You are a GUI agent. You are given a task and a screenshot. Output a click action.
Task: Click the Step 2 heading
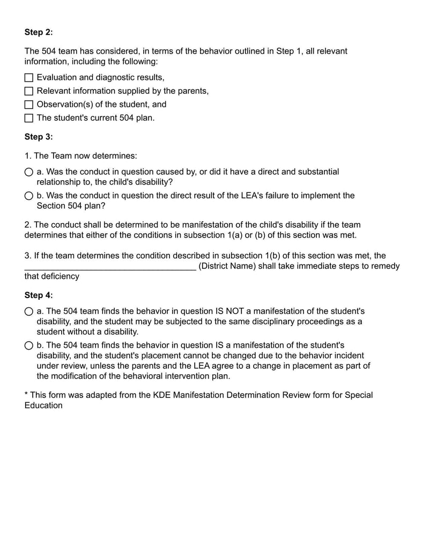[x=39, y=32]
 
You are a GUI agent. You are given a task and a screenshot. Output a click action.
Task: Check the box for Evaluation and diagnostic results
[x=29, y=78]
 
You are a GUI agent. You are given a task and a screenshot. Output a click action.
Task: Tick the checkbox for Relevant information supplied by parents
[x=29, y=91]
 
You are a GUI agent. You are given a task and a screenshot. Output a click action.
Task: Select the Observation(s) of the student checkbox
[x=29, y=105]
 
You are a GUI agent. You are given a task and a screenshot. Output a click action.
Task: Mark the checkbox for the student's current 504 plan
[x=29, y=118]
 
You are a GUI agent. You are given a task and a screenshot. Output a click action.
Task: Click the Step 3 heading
[x=39, y=137]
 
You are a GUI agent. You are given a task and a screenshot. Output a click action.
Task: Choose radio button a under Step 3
[x=29, y=172]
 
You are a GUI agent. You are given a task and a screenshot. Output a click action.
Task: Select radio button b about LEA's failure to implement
[x=29, y=196]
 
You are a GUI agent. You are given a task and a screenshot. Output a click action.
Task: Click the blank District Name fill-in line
[x=110, y=267]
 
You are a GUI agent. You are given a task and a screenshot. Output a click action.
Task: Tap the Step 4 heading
[x=39, y=295]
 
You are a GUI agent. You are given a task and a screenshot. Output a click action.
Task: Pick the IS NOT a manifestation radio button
[x=29, y=311]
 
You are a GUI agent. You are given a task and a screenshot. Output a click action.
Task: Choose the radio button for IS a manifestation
[x=29, y=345]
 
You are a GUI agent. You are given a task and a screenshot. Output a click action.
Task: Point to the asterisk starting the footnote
[x=26, y=395]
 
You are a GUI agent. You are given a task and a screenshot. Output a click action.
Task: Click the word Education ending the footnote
[x=43, y=405]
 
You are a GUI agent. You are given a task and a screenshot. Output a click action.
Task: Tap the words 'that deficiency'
[x=51, y=276]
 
